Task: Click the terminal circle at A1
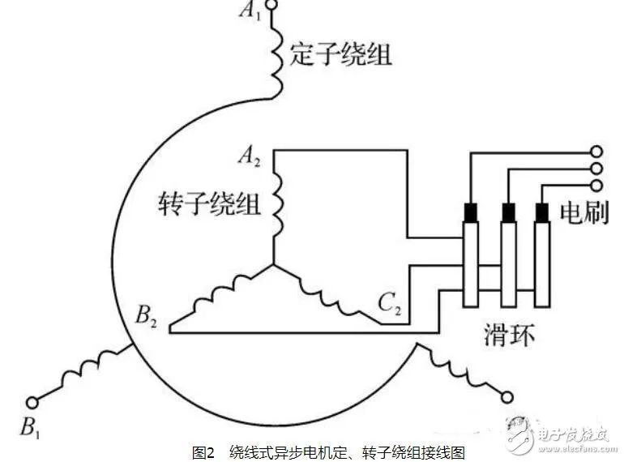[271, 7]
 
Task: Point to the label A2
[248, 156]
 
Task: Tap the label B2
[146, 314]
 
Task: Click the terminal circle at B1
[32, 402]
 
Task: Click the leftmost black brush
[471, 212]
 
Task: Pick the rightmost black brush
[541, 212]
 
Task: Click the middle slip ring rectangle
[508, 263]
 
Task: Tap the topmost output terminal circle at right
[596, 152]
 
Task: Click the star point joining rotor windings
[273, 264]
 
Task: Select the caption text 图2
[203, 451]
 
